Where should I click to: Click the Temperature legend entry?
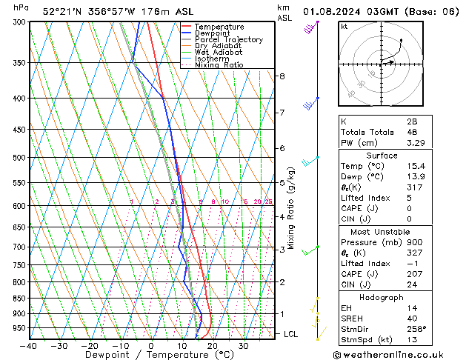219,27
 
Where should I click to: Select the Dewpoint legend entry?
215,33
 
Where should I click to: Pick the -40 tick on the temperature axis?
29,346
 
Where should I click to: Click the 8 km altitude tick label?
282,76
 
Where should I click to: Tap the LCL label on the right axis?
291,334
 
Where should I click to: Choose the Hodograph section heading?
382,297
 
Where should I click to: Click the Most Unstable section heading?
382,231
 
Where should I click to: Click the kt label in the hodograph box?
344,27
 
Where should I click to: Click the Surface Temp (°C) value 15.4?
412,167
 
